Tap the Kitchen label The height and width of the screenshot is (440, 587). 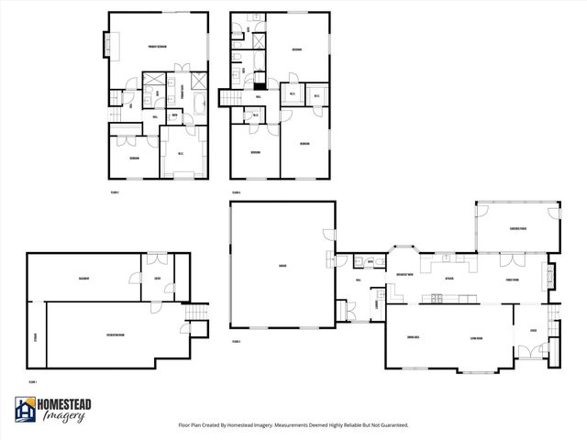(449, 278)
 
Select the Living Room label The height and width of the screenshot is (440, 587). (477, 337)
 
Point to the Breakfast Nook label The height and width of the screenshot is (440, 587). (404, 274)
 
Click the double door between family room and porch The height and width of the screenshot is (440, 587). (511, 254)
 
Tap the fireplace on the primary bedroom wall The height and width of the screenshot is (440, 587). (106, 44)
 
